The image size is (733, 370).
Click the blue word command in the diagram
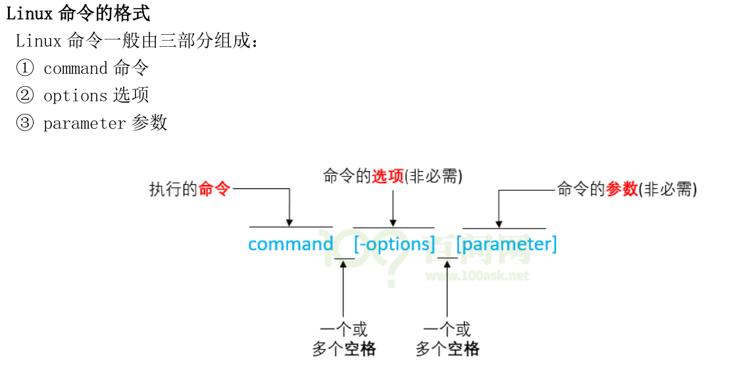click(x=290, y=244)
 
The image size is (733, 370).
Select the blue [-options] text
click(x=394, y=244)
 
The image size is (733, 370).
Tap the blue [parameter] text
click(x=507, y=244)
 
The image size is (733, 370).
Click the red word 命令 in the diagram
click(x=215, y=189)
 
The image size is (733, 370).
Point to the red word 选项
click(x=388, y=176)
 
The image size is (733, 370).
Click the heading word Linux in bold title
click(x=29, y=13)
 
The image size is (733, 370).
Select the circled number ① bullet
click(x=24, y=68)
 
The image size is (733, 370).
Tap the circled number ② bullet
click(x=24, y=95)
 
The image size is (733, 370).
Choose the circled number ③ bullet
click(x=24, y=123)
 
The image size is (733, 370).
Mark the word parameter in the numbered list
click(x=84, y=123)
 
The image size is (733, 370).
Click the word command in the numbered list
click(x=75, y=68)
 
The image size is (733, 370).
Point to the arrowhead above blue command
click(x=289, y=222)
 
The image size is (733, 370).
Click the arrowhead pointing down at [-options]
click(x=393, y=222)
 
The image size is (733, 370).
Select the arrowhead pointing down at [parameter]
click(x=499, y=223)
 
